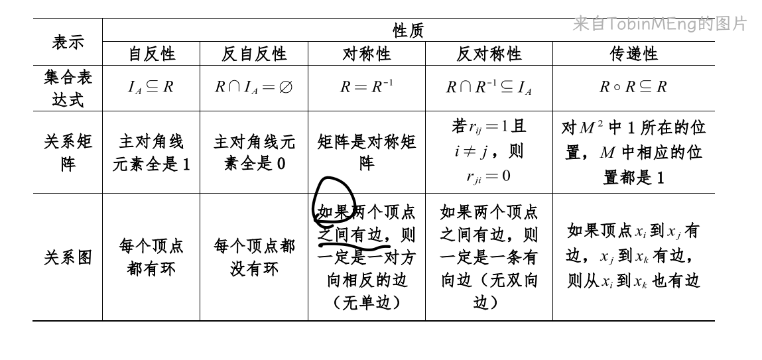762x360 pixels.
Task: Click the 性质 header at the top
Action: [x=408, y=30]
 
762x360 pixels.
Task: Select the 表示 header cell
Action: [x=68, y=42]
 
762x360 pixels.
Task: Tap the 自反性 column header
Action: [x=151, y=54]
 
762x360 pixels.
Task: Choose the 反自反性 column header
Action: [x=254, y=54]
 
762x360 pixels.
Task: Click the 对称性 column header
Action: [x=366, y=54]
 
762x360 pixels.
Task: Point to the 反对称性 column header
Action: [x=489, y=54]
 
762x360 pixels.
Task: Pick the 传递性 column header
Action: [x=633, y=54]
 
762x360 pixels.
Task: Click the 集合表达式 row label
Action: [x=68, y=89]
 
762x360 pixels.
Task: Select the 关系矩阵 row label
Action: [x=68, y=152]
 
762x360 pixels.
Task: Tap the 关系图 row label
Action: [x=68, y=258]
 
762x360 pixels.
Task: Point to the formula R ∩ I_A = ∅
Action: [x=253, y=87]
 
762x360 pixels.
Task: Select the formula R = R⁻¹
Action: [x=366, y=87]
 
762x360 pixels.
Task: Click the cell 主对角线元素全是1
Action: [x=151, y=153]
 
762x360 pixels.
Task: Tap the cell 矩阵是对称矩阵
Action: [x=366, y=152]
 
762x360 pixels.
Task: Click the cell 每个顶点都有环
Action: [x=151, y=258]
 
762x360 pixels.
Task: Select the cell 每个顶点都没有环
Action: [x=254, y=258]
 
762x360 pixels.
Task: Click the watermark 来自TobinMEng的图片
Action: [x=659, y=25]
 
